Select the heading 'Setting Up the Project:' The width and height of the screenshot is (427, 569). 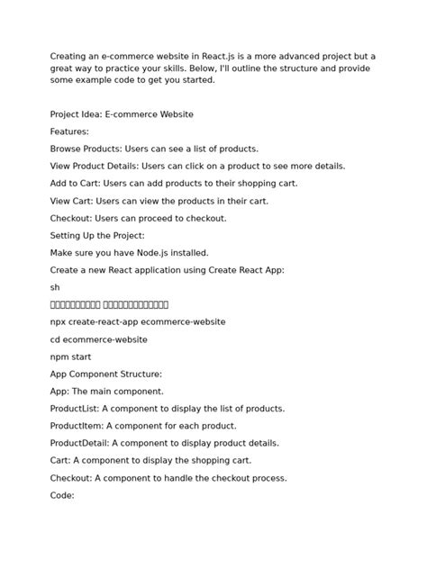click(96, 236)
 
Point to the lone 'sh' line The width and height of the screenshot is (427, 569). click(55, 287)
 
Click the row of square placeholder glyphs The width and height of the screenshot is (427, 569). click(109, 304)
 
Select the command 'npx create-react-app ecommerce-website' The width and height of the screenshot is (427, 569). click(138, 322)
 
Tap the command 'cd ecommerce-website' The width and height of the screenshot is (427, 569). click(99, 339)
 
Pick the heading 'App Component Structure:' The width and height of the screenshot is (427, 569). click(106, 374)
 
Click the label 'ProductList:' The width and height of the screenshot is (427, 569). click(77, 409)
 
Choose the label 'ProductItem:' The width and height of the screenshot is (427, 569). click(77, 426)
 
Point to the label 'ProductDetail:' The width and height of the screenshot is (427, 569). click(81, 443)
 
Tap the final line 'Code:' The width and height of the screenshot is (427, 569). click(62, 495)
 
